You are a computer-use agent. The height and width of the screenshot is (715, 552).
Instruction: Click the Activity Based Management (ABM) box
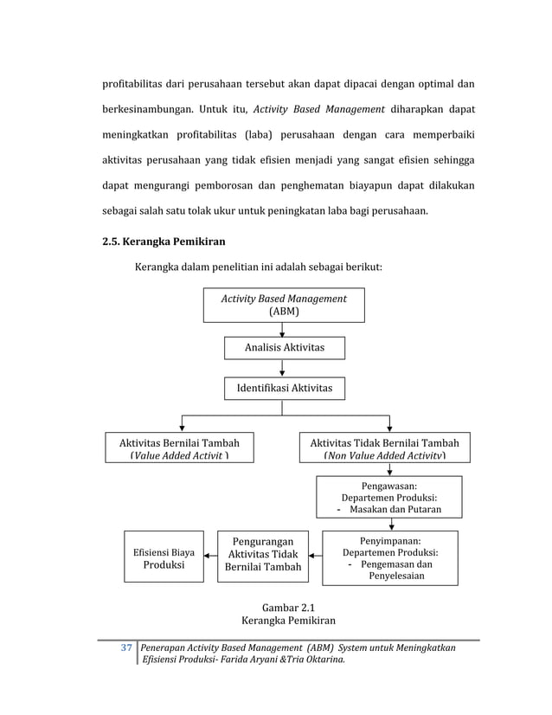pos(283,305)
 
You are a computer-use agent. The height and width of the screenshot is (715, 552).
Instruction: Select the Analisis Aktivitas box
pos(285,347)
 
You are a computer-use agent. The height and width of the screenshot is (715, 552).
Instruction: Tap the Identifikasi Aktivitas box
pos(284,390)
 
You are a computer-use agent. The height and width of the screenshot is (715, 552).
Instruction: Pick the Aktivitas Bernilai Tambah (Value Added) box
pos(179,448)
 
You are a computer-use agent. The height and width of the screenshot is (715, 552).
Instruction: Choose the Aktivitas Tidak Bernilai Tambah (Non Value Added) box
pos(384,448)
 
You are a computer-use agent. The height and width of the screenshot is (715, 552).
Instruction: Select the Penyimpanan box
pos(389,557)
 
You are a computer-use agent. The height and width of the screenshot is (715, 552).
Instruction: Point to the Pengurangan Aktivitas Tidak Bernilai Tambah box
pos(262,555)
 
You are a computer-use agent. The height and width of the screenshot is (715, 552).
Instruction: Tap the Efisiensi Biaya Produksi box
pos(164,557)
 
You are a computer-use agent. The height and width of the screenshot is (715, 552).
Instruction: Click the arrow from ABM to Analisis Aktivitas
pos(282,329)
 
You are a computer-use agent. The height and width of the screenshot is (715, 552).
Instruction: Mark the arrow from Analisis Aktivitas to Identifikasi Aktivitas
pos(282,369)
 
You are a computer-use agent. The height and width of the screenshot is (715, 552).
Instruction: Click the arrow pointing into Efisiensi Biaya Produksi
pos(210,556)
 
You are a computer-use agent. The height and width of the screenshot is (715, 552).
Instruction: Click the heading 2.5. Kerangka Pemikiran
pos(164,241)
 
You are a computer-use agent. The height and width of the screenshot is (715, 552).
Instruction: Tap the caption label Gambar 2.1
pos(282,607)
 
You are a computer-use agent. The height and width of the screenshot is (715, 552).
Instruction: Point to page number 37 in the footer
pos(125,647)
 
